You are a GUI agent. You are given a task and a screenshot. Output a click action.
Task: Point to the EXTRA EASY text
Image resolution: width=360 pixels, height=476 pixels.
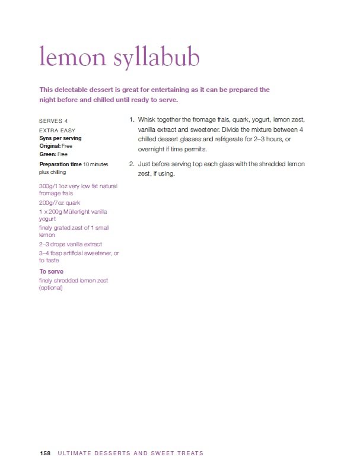coord(58,129)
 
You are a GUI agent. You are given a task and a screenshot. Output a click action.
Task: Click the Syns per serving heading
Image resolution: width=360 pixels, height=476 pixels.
coord(60,138)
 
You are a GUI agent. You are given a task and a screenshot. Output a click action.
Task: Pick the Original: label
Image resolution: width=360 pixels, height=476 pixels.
coord(50,145)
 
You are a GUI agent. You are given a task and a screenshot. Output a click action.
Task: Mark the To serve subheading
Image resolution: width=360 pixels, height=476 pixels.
coord(52,271)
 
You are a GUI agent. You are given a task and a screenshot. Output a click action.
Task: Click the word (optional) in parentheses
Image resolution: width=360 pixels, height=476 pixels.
coord(51,288)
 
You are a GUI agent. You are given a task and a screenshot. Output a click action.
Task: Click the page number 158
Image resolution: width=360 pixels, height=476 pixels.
coord(44,453)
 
